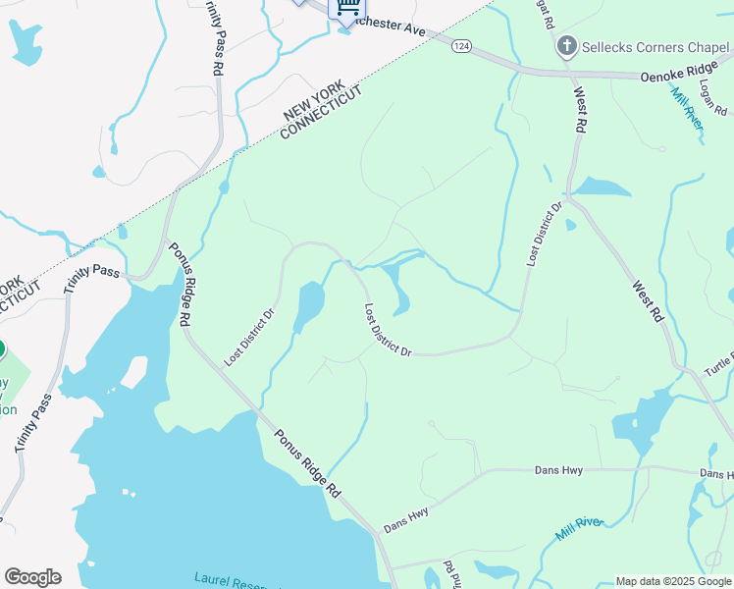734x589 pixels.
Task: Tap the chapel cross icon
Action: coord(565,46)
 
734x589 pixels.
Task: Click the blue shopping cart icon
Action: coord(346,8)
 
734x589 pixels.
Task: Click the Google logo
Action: coord(32,577)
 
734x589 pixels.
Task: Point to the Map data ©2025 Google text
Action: coord(673,581)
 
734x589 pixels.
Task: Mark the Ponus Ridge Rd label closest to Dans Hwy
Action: coord(306,461)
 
